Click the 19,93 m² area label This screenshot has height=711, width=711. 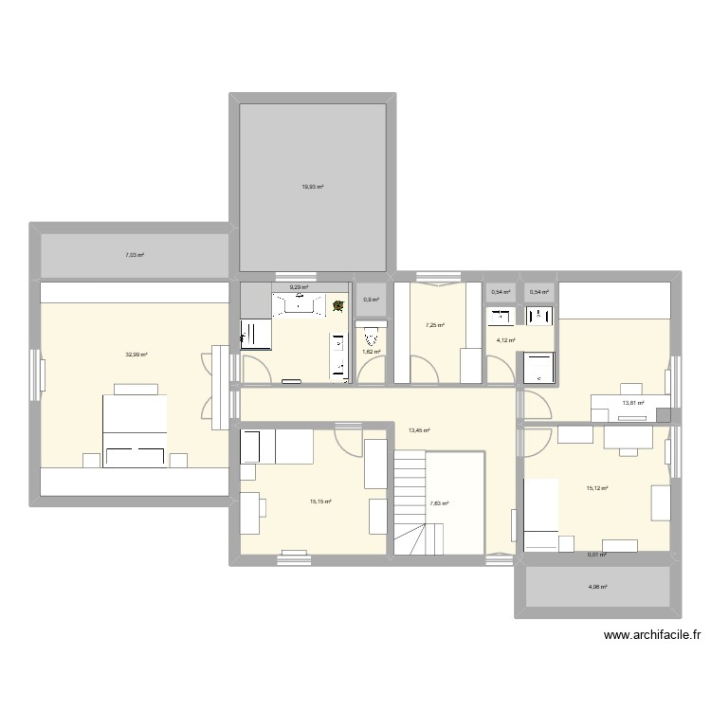[313, 187]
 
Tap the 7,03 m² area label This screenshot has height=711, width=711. [137, 255]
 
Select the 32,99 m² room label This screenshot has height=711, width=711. [137, 355]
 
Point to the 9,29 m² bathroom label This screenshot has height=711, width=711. [299, 286]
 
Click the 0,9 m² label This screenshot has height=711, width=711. [371, 300]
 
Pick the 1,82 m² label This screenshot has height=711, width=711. [371, 352]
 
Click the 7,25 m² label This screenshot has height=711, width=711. [435, 325]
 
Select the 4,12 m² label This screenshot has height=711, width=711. [505, 340]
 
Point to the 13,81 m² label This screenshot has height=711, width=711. [632, 403]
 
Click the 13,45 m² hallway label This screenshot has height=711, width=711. [419, 430]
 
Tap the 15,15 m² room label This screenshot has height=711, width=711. [320, 502]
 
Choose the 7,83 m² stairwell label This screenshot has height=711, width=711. [439, 503]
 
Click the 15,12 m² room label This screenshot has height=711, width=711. [596, 489]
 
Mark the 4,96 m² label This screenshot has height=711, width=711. [597, 587]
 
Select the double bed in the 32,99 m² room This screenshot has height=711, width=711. [135, 428]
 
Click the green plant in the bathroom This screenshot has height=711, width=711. [337, 306]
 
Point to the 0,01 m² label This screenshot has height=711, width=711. [596, 556]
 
